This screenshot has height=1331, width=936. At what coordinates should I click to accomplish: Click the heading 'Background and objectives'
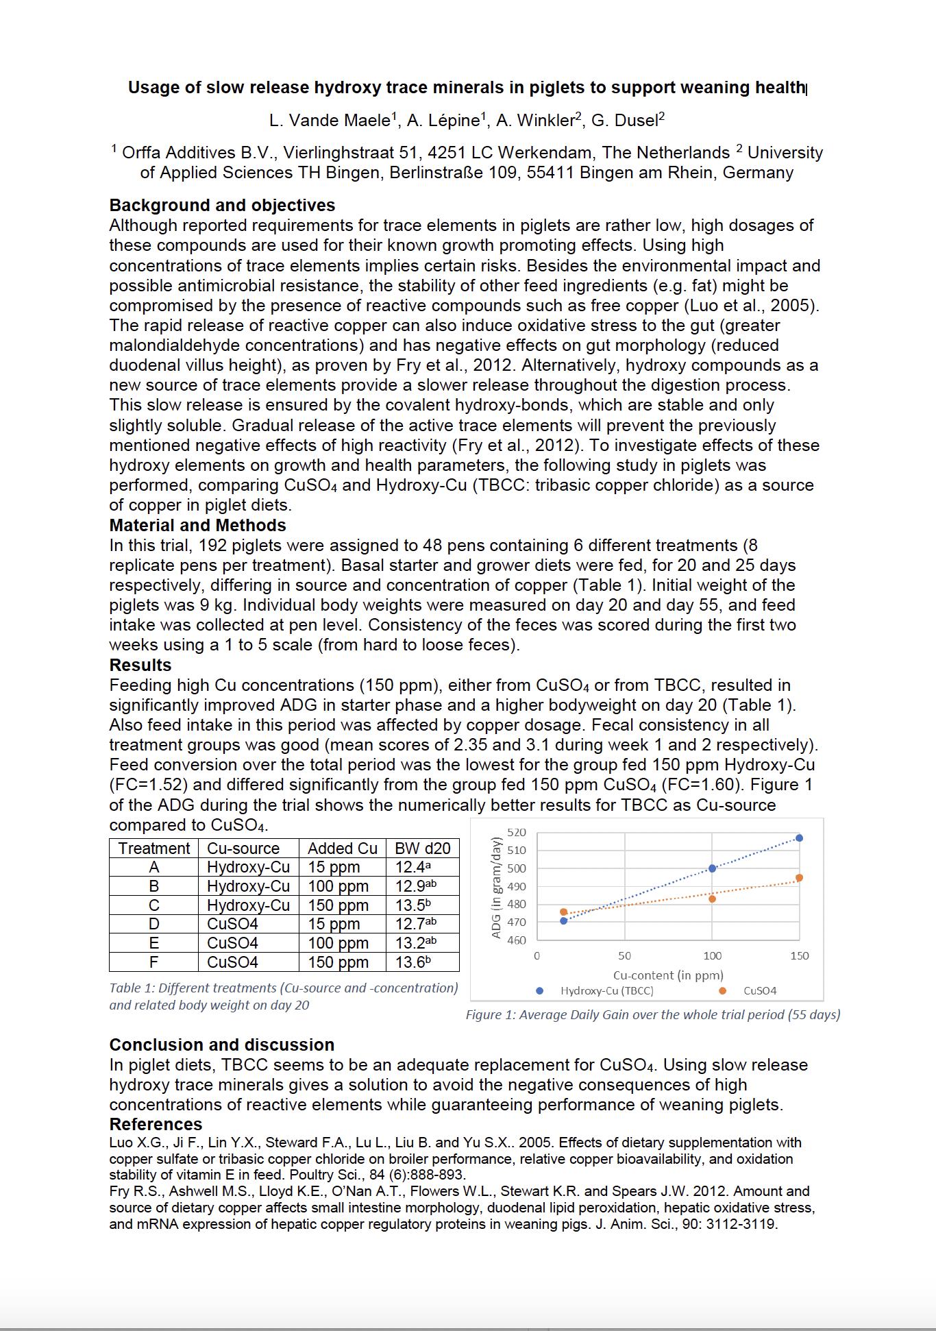pos(222,206)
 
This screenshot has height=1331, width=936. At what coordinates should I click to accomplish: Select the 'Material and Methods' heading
pos(197,526)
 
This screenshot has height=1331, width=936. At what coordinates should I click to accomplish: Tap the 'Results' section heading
pos(140,665)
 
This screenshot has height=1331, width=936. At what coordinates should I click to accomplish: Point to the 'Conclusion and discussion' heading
pos(222,1045)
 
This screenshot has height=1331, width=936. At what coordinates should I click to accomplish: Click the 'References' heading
pos(156,1125)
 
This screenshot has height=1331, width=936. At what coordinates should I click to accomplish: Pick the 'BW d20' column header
pos(422,848)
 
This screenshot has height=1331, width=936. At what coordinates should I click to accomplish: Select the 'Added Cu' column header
pos(342,848)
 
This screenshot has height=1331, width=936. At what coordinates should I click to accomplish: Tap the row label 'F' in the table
pos(153,962)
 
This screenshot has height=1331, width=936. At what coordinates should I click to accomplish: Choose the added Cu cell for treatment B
pos(338,886)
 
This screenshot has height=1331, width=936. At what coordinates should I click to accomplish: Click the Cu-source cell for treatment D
pos(232,924)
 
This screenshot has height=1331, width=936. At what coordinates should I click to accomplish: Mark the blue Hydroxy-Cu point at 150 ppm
pos(799,838)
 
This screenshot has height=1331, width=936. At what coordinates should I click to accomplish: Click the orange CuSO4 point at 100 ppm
pos(712,899)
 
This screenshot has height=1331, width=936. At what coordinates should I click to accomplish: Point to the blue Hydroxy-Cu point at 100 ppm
pos(712,868)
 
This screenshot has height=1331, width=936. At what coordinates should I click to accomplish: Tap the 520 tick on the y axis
pos(517,833)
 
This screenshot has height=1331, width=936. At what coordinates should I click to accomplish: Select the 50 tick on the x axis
pos(624,956)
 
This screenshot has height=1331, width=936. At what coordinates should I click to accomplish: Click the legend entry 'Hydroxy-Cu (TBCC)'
pos(606,991)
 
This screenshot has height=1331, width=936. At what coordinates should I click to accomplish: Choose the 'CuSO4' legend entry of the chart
pos(759,991)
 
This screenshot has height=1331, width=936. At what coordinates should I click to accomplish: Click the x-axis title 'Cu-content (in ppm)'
pos(668,975)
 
